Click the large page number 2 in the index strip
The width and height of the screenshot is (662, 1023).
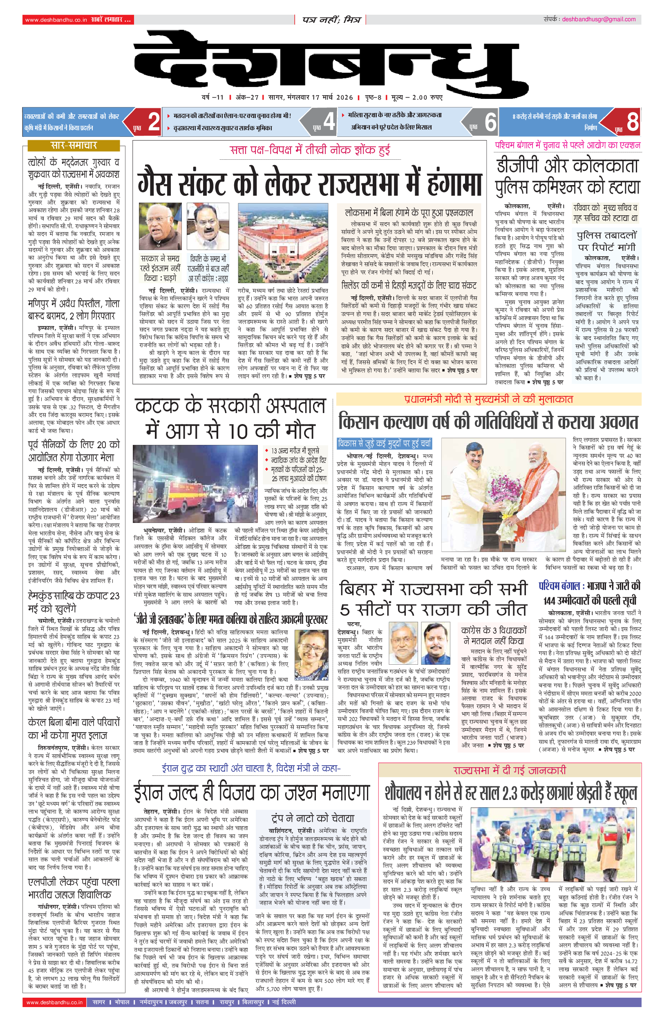(154, 122)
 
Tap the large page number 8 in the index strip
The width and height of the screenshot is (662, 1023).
(632, 122)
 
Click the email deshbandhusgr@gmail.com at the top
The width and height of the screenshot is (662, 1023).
(598, 19)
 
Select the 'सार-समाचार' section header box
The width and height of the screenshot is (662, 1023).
(74, 145)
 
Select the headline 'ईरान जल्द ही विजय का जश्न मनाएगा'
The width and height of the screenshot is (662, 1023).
(251, 792)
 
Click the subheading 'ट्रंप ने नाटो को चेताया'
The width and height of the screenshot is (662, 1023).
(313, 818)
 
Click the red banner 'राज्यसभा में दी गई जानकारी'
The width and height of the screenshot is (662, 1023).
(510, 770)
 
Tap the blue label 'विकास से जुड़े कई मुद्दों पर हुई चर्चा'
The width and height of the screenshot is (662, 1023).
(384, 443)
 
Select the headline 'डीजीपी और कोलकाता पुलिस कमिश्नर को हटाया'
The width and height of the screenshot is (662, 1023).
(568, 176)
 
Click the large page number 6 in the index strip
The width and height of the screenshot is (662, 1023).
(490, 122)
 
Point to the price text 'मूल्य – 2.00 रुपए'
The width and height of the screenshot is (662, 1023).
(416, 98)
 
